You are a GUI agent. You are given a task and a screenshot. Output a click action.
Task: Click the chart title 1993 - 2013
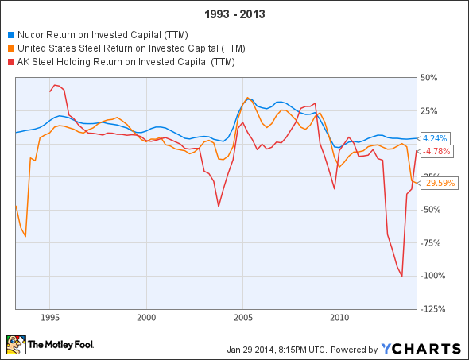234,14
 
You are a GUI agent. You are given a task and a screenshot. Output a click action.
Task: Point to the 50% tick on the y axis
429,77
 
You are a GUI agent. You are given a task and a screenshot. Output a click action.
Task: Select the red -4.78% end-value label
435,150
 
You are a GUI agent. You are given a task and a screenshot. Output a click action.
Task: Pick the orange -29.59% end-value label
438,183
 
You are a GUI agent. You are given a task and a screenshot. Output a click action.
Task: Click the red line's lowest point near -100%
402,276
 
